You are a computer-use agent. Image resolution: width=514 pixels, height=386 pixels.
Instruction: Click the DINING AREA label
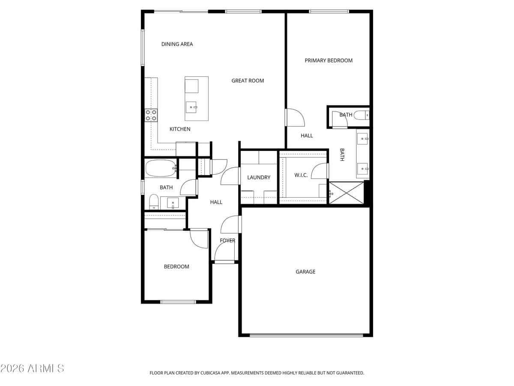(x=177, y=44)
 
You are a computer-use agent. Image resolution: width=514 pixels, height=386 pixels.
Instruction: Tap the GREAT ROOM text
(x=248, y=81)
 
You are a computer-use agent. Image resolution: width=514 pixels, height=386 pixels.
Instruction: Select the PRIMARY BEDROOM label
(x=329, y=60)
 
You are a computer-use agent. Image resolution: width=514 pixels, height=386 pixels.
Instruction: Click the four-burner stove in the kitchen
(x=151, y=115)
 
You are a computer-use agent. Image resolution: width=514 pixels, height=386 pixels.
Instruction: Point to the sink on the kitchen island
(x=191, y=107)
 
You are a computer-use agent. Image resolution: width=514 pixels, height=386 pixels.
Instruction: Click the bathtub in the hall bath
(x=161, y=169)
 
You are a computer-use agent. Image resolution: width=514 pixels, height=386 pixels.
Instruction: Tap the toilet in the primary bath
(x=361, y=115)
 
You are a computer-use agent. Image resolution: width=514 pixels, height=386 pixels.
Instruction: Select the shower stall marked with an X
(x=346, y=193)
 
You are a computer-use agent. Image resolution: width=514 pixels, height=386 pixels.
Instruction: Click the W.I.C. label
(x=301, y=175)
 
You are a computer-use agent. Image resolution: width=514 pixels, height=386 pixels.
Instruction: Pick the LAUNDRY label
(x=259, y=178)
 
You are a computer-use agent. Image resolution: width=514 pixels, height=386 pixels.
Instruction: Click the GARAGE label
(x=305, y=271)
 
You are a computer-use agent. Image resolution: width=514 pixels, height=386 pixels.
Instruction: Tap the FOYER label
(x=227, y=241)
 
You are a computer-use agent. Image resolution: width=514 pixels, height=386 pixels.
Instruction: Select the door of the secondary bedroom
(x=199, y=239)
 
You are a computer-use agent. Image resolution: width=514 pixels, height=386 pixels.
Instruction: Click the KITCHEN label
(x=180, y=129)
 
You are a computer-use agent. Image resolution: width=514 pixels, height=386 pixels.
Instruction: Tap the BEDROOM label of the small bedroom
(x=176, y=267)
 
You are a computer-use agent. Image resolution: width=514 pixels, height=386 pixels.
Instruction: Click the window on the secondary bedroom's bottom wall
(x=178, y=302)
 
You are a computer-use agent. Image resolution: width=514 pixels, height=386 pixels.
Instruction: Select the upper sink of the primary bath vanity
(x=363, y=139)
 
